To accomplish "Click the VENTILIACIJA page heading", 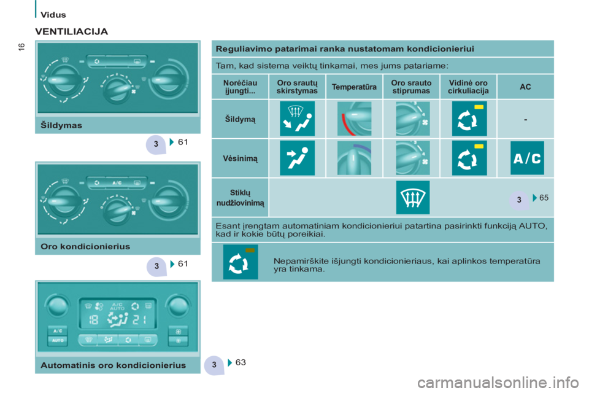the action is (x=72, y=30).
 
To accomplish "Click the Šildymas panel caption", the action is (x=62, y=125).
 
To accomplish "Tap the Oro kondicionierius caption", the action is (x=85, y=246).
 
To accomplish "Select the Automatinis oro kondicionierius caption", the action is (x=113, y=365).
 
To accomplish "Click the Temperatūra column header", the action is (x=353, y=87).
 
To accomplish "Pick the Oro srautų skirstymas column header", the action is (x=297, y=87).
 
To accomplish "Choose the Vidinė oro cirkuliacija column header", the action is (x=468, y=87).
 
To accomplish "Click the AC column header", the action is (x=525, y=87).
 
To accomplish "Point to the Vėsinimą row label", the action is (x=241, y=158).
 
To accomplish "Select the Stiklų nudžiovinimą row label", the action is (x=241, y=197).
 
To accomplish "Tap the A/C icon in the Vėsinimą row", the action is (x=526, y=158).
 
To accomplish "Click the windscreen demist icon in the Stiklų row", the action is (x=412, y=198).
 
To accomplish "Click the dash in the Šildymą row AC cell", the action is (x=525, y=119).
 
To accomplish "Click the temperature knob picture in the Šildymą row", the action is (x=354, y=119).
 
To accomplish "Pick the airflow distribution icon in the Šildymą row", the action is (x=298, y=119).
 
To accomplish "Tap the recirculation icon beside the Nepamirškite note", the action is (x=241, y=262).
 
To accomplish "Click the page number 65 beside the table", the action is (x=544, y=197).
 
